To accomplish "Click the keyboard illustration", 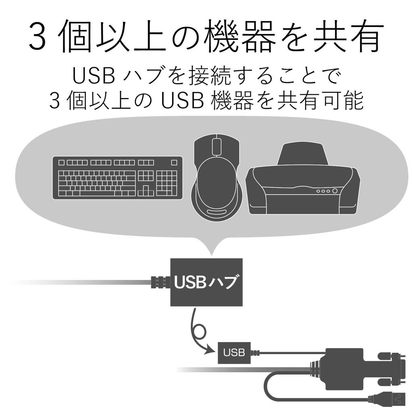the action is pyautogui.click(x=117, y=178).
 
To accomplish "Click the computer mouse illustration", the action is pyautogui.click(x=216, y=179).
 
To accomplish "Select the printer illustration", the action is pyautogui.click(x=303, y=179).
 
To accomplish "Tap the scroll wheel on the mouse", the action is pyautogui.click(x=216, y=147).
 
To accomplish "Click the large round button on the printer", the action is pyautogui.click(x=335, y=191).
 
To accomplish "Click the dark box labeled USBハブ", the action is pyautogui.click(x=206, y=282).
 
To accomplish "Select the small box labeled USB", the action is pyautogui.click(x=234, y=353).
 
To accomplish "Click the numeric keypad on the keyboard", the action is pyautogui.click(x=167, y=184).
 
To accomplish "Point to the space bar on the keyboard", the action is pyautogui.click(x=98, y=193).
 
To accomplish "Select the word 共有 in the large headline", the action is pyautogui.click(x=347, y=35).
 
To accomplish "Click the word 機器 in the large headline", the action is pyautogui.click(x=241, y=35).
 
